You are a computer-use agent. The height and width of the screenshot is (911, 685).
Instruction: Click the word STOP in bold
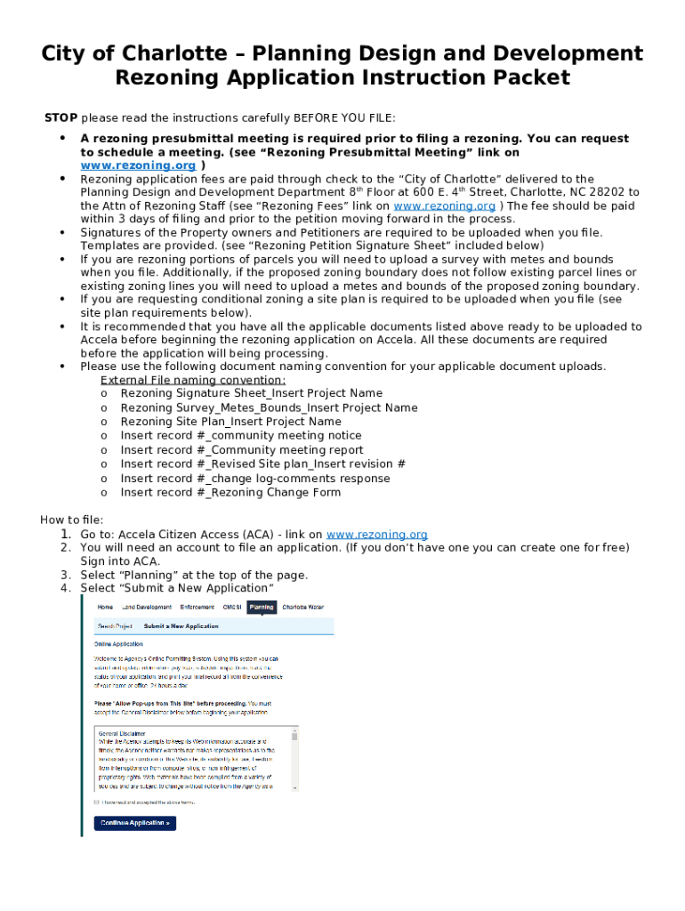(61, 118)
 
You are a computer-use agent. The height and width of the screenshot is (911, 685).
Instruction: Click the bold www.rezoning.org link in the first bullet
(138, 165)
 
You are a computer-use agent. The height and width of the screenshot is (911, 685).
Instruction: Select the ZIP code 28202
(621, 192)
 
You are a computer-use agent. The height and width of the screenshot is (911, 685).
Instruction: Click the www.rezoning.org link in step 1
(376, 535)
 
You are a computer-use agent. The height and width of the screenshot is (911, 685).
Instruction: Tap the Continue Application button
(135, 823)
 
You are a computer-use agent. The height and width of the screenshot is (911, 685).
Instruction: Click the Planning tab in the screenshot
(262, 607)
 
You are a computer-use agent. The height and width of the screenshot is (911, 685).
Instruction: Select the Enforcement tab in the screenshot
(197, 607)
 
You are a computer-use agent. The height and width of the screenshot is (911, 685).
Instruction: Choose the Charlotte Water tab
(302, 607)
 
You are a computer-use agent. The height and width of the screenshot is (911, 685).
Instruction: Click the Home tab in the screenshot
(105, 607)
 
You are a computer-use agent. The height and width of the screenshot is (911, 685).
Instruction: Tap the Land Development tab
(147, 607)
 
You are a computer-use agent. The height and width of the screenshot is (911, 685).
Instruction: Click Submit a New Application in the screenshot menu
(181, 626)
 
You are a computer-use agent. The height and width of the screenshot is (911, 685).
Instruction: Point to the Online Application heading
(118, 643)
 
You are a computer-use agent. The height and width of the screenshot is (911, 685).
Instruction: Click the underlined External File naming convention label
(193, 380)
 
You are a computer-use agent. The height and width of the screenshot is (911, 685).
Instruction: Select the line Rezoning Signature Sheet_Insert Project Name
(251, 393)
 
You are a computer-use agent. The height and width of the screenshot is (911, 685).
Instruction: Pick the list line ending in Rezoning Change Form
(230, 493)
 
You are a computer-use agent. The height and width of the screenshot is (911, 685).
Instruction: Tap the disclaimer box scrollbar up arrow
(294, 730)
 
